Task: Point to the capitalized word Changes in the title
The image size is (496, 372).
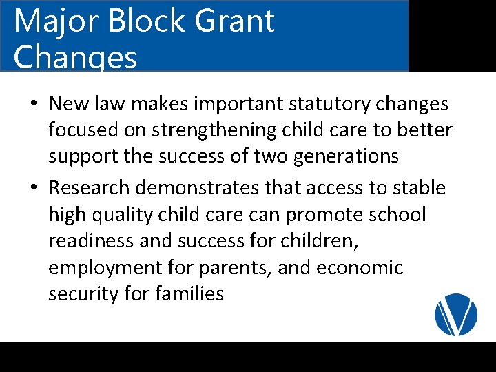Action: click(x=75, y=58)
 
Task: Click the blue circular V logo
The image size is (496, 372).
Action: click(x=456, y=315)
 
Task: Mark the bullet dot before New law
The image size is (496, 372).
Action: click(x=34, y=105)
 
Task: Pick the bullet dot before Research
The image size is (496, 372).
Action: click(x=34, y=188)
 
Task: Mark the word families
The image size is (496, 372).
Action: click(x=189, y=293)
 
